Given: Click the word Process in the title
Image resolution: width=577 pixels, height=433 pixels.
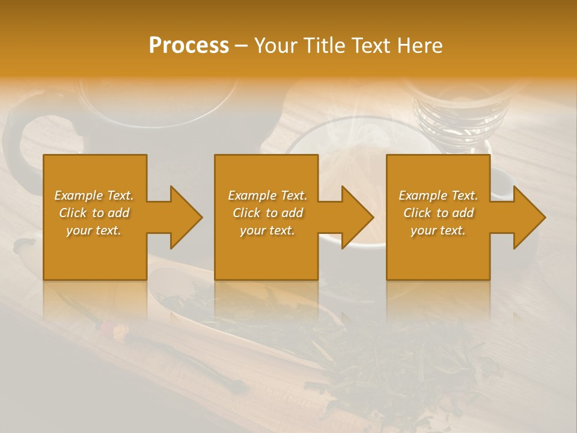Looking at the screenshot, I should click(189, 45).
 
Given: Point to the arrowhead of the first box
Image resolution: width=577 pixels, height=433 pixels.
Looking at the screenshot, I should click(186, 217).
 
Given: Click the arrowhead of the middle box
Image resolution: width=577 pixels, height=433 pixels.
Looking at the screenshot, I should click(358, 217).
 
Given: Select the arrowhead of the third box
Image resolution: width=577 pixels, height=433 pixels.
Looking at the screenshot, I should click(530, 217).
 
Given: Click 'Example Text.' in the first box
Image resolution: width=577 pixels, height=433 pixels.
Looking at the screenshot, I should click(94, 195).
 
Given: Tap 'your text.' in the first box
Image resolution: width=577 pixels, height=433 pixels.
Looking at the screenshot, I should click(94, 230).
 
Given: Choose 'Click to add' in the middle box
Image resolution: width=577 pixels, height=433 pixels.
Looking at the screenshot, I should click(267, 213).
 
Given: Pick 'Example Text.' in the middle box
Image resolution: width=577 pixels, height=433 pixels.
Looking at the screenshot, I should click(267, 195).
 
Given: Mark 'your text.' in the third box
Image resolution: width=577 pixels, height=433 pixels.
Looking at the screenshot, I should click(438, 230).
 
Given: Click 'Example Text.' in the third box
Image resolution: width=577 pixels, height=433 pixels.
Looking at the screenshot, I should click(438, 195).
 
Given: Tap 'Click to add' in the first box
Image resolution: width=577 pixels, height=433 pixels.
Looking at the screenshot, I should click(94, 213).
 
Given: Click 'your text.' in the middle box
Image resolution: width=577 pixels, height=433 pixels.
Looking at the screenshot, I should click(267, 230).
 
